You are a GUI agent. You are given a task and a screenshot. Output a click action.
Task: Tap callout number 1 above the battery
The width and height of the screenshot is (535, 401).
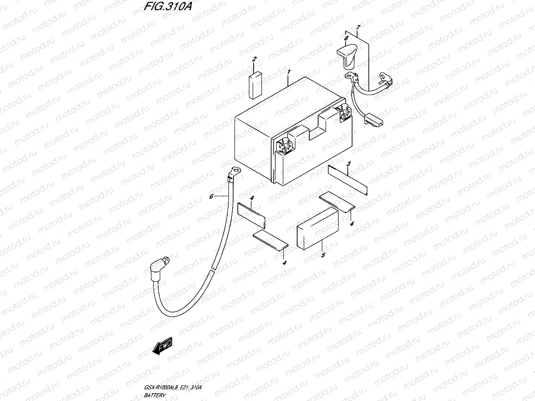[x=288, y=72]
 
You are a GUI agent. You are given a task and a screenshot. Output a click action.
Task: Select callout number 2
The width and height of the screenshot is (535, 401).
[x=254, y=59]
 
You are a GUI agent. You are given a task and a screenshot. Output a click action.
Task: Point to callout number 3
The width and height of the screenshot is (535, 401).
[x=348, y=164]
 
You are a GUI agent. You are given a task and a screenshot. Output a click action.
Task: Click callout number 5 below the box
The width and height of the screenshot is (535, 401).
[x=323, y=254]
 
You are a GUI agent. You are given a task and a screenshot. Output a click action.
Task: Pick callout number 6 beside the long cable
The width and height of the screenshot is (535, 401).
[x=211, y=197]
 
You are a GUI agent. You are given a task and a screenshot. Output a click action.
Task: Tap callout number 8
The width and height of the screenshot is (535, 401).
[x=346, y=38]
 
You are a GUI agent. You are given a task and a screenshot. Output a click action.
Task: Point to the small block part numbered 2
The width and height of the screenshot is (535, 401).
[x=255, y=86]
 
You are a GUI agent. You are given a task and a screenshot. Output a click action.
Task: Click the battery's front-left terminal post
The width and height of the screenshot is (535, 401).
[x=284, y=146]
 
